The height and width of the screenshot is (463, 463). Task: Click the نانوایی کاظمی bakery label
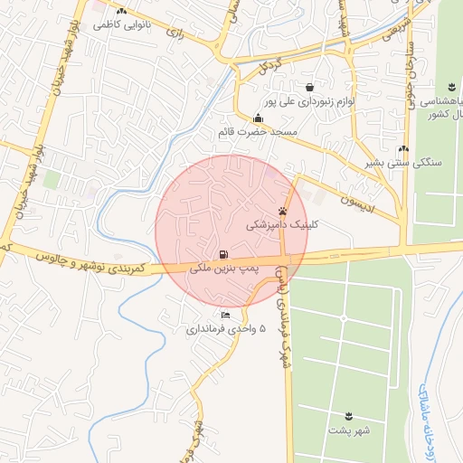click(x=121, y=25)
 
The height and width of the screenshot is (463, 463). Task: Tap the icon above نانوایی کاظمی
click(x=121, y=11)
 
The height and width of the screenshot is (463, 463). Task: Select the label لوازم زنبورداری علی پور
click(x=310, y=102)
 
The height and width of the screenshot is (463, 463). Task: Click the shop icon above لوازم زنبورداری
click(x=310, y=88)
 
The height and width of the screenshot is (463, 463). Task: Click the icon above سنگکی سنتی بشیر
click(x=403, y=149)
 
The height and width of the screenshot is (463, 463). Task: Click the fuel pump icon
click(x=223, y=254)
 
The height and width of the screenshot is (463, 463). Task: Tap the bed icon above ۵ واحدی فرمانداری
click(x=225, y=316)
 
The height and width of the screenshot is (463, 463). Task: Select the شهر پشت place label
click(x=348, y=431)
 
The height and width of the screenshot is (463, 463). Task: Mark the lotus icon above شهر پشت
click(x=348, y=416)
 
